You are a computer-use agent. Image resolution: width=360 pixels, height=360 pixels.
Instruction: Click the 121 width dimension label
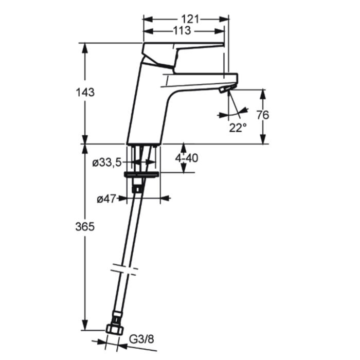click(190, 19)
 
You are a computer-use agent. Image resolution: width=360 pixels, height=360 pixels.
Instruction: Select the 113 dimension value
click(182, 30)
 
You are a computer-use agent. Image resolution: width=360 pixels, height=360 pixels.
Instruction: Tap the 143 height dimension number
click(85, 92)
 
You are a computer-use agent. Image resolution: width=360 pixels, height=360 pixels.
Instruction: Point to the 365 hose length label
click(85, 227)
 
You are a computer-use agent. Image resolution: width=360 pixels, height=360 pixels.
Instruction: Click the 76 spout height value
click(262, 115)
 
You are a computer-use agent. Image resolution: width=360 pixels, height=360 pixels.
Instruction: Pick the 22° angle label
click(238, 128)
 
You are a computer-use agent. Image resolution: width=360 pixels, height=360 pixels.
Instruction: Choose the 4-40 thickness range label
click(186, 158)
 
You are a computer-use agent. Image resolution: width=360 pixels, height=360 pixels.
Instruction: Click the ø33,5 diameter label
click(107, 163)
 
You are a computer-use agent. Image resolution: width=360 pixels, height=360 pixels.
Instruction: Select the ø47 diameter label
click(106, 199)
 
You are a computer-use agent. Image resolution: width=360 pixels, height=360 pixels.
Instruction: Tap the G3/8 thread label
click(141, 339)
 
